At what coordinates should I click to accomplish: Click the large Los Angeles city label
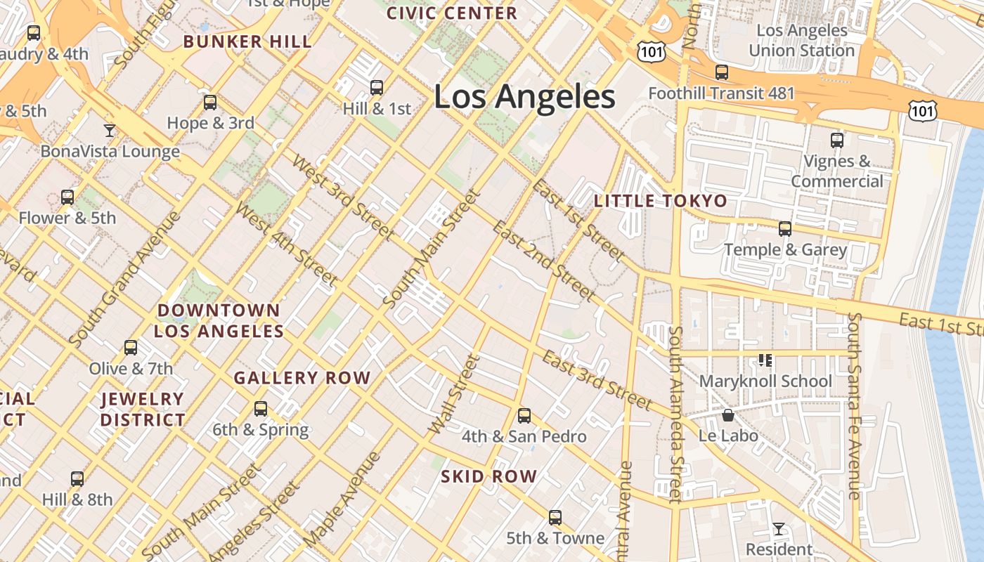point(524,97)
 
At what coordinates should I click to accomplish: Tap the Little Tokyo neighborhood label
point(661,201)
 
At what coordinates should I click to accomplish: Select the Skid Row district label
point(489,476)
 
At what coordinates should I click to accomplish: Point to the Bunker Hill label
point(247,41)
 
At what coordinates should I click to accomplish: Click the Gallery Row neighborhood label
point(302,378)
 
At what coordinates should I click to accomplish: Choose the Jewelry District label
point(143,410)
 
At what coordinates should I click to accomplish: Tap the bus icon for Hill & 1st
point(377,88)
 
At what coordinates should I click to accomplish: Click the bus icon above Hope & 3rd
point(210,103)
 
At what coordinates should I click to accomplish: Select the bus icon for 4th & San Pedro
point(524,416)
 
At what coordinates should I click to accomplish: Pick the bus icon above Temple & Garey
point(785,229)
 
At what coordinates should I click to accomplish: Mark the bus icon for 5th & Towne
point(555,518)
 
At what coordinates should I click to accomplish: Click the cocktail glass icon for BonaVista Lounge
point(109,131)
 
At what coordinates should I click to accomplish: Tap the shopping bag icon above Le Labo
point(728,416)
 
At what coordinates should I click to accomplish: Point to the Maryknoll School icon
point(765,360)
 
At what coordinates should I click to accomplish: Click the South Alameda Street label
point(675,414)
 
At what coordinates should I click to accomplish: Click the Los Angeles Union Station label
point(801,41)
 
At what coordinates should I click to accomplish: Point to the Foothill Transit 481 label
point(721,93)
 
